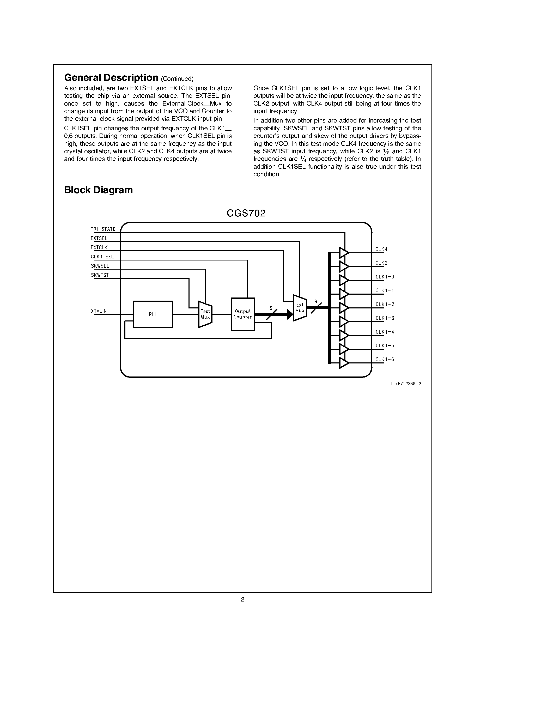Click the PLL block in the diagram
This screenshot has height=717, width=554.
pyautogui.click(x=153, y=314)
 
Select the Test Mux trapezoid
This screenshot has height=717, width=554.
pyautogui.click(x=205, y=314)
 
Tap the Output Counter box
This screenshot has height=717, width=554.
pyautogui.click(x=242, y=314)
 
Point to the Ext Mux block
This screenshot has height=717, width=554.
pyautogui.click(x=300, y=308)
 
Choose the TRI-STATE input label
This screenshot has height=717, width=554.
pyautogui.click(x=103, y=229)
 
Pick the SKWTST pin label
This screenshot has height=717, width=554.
pyautogui.click(x=100, y=275)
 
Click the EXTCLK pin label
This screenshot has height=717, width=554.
pyautogui.click(x=99, y=247)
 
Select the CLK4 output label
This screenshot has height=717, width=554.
pyautogui.click(x=381, y=249)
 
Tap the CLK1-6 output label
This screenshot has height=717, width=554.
pyautogui.click(x=385, y=359)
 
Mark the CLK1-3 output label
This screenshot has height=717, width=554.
pyautogui.click(x=385, y=318)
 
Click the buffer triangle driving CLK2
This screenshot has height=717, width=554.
pyautogui.click(x=343, y=266)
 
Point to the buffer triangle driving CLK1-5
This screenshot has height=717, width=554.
pyautogui.click(x=343, y=349)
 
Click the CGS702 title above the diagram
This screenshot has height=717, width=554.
pyautogui.click(x=246, y=213)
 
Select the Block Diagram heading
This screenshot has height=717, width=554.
pyautogui.click(x=99, y=190)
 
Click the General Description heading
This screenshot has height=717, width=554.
pyautogui.click(x=111, y=77)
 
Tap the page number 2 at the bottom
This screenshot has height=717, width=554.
pyautogui.click(x=242, y=599)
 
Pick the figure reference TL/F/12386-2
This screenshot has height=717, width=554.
pyautogui.click(x=406, y=384)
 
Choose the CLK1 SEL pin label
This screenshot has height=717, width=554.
pyautogui.click(x=102, y=257)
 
